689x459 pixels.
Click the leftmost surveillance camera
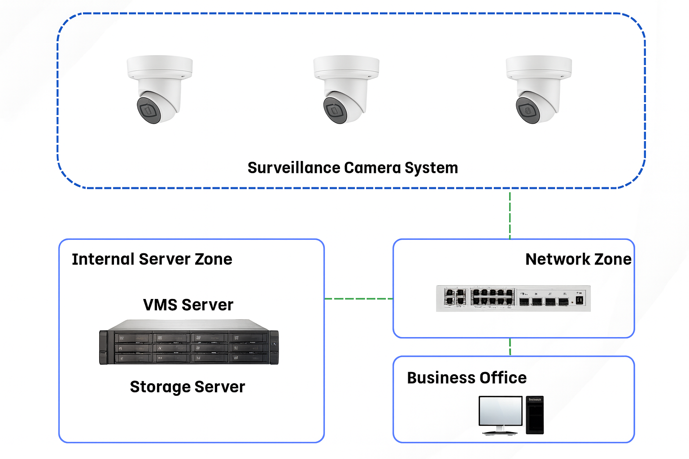click(159, 89)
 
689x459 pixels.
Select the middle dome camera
click(345, 89)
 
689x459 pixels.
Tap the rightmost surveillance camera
click(538, 89)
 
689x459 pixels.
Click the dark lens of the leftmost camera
click(148, 110)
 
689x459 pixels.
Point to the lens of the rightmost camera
click(528, 110)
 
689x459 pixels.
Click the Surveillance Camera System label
click(353, 168)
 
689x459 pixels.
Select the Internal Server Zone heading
click(152, 259)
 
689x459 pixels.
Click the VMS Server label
click(188, 305)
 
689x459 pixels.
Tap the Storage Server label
click(188, 386)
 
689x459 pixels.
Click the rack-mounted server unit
click(188, 343)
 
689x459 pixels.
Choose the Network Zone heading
click(578, 259)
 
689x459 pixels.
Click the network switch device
click(513, 298)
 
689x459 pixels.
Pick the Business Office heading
click(467, 378)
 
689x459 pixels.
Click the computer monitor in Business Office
click(500, 411)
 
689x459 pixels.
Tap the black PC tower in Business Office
click(535, 415)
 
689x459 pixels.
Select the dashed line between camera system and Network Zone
click(510, 214)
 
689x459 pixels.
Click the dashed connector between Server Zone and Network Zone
click(358, 299)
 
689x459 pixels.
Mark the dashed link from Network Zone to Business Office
click(510, 347)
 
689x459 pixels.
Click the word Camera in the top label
click(372, 168)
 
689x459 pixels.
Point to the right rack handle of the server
click(274, 347)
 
